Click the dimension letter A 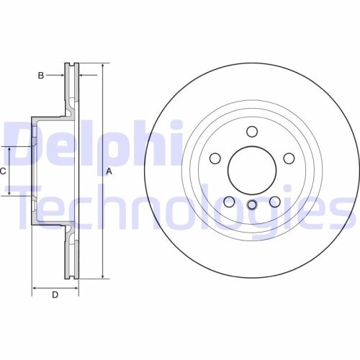109,171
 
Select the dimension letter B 41,75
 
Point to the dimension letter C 3,171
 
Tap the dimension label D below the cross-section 55,294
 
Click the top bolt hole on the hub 252,131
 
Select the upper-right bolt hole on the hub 288,158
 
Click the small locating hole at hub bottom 252,205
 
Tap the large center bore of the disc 252,171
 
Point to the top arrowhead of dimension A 103,65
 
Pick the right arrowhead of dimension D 76,286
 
